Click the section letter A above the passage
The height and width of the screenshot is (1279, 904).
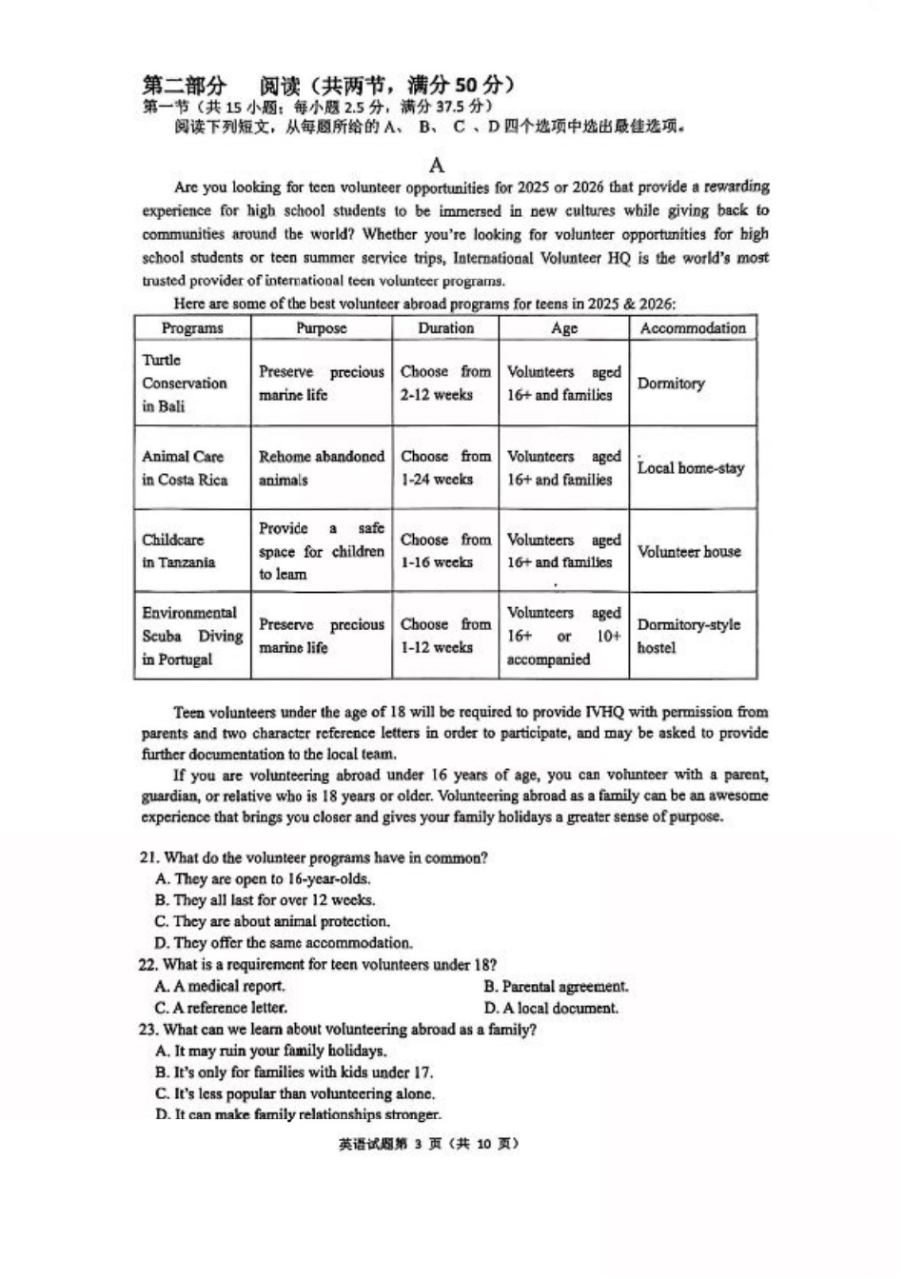point(437,165)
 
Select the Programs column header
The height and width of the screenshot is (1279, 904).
point(192,328)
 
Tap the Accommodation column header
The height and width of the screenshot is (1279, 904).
point(693,328)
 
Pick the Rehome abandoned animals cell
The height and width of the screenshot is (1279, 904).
point(322,468)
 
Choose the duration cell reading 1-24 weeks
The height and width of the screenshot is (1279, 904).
point(445,468)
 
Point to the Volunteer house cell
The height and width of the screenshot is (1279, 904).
point(689,552)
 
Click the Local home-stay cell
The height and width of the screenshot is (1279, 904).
point(691,468)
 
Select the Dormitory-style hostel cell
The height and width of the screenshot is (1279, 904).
point(689,637)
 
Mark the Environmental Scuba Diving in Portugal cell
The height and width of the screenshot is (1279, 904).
point(191,637)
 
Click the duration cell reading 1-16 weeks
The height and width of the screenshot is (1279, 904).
point(445,552)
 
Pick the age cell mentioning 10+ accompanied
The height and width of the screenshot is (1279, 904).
point(563,637)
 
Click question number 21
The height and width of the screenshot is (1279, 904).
point(148,858)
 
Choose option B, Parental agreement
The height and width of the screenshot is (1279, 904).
point(556,987)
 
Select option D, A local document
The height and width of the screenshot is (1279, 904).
point(551,1009)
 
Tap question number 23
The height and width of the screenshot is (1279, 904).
point(148,1030)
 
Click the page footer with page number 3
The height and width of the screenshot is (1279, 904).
point(429,1144)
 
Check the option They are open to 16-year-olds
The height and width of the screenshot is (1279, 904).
point(263,879)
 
